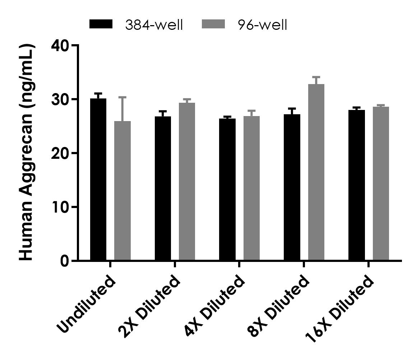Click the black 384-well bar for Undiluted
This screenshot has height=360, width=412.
98,180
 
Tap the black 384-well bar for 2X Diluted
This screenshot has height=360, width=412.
163,188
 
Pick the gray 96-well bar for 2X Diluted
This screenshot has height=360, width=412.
187,182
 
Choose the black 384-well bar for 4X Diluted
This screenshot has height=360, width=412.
227,189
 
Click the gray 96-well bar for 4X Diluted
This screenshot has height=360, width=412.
251,188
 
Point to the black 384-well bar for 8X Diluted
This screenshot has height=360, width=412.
292,187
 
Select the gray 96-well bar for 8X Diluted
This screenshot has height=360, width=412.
316,172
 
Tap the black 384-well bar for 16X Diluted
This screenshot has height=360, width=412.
356,185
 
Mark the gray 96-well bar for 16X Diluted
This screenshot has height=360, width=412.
381,184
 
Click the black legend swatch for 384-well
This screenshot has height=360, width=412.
101,24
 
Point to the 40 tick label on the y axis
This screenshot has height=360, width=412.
60,46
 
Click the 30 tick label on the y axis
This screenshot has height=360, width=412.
60,100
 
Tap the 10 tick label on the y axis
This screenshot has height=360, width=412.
60,207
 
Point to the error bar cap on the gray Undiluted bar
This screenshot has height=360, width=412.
122,97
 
